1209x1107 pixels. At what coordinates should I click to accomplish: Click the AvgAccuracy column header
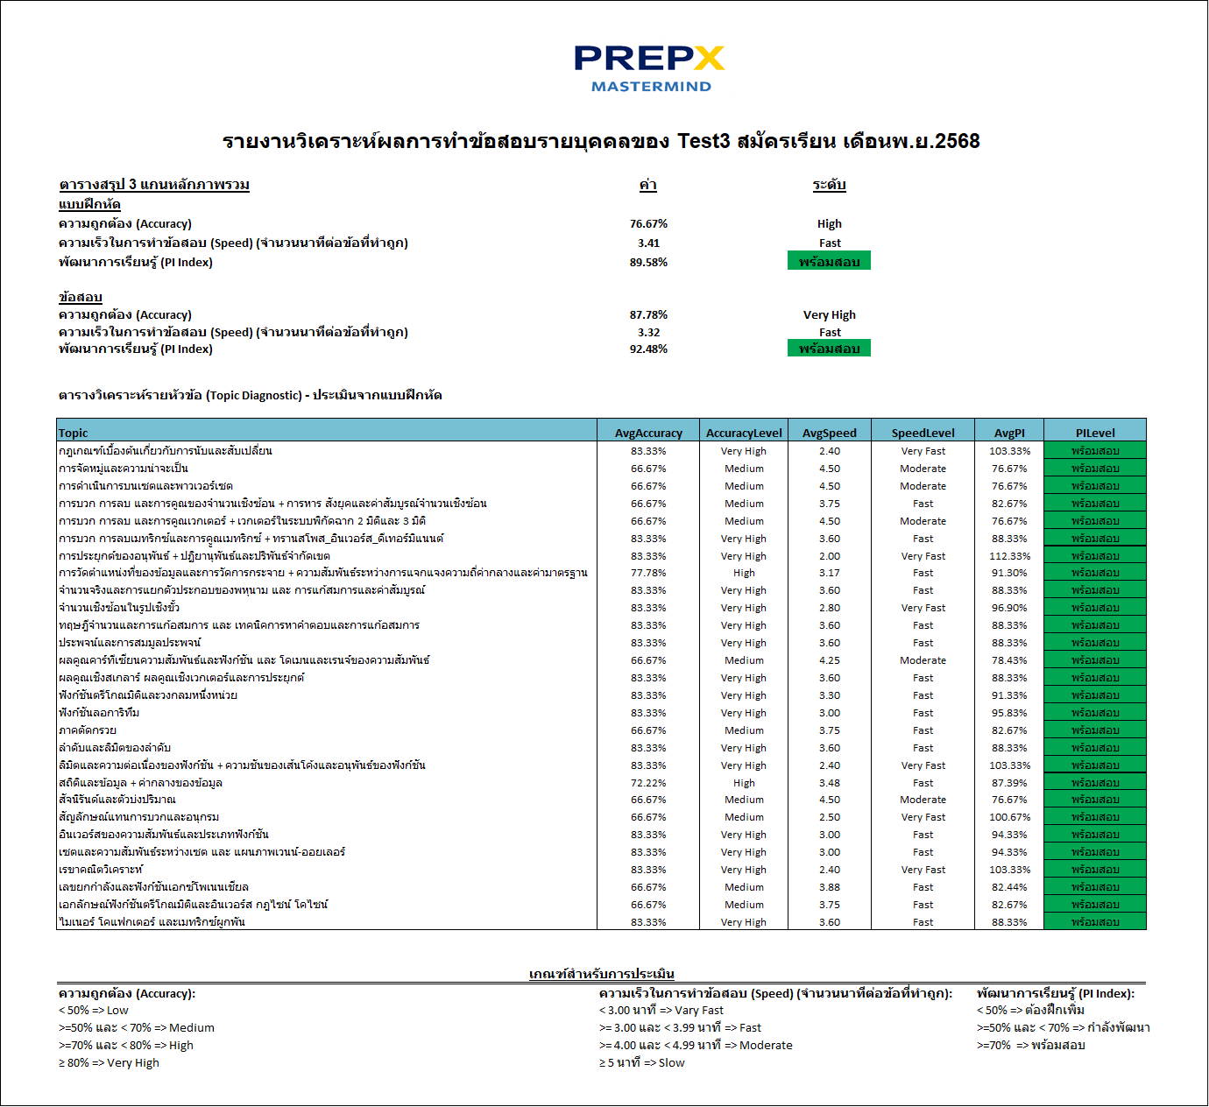pyautogui.click(x=648, y=433)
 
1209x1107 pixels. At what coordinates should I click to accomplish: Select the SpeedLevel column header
pyautogui.click(x=923, y=433)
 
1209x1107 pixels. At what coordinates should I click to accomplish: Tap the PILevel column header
pyautogui.click(x=1095, y=433)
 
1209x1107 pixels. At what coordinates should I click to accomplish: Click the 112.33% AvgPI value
pyautogui.click(x=1009, y=556)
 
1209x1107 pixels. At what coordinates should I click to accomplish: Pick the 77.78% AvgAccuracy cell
pyautogui.click(x=648, y=573)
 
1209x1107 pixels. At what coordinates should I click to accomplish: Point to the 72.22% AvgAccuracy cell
pyautogui.click(x=648, y=783)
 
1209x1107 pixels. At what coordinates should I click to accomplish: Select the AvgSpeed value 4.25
pyautogui.click(x=829, y=660)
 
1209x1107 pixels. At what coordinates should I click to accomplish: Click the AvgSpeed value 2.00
pyautogui.click(x=829, y=556)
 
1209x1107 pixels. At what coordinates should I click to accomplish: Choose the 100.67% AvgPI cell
pyautogui.click(x=1009, y=817)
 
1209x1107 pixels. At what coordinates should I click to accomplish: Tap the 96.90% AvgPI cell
pyautogui.click(x=1009, y=608)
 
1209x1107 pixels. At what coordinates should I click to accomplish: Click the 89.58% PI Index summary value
pyautogui.click(x=648, y=262)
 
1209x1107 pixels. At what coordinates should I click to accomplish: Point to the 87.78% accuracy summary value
pyautogui.click(x=648, y=314)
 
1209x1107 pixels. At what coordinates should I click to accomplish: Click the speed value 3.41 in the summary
pyautogui.click(x=648, y=243)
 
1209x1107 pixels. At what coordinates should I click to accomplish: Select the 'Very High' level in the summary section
pyautogui.click(x=829, y=314)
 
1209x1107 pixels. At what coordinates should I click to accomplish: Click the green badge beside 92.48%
pyautogui.click(x=829, y=349)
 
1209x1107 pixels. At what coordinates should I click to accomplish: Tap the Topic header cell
pyautogui.click(x=74, y=433)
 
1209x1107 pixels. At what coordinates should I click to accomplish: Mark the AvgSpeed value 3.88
pyautogui.click(x=829, y=887)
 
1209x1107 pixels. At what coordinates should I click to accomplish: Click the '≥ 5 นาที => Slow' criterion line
pyautogui.click(x=642, y=1062)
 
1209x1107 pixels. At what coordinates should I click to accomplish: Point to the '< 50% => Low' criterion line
pyautogui.click(x=94, y=1010)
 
